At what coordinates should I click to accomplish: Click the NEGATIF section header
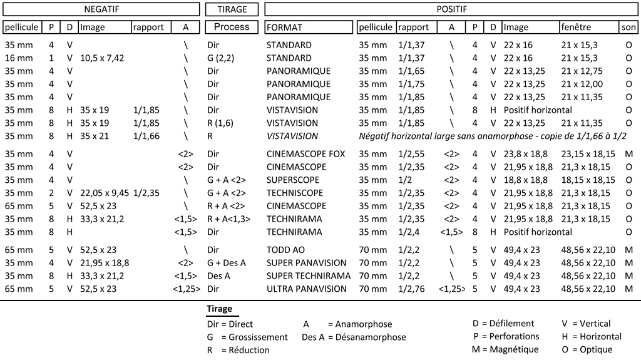(101, 9)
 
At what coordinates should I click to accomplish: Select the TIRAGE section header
(232, 9)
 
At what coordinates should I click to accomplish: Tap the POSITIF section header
(452, 9)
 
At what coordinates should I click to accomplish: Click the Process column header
(232, 27)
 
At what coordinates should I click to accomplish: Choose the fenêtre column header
(576, 27)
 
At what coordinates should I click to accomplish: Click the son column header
(628, 27)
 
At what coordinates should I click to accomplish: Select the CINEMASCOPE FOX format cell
(305, 154)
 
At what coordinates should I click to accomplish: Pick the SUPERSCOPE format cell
(293, 180)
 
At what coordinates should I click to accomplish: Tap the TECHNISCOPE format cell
(295, 193)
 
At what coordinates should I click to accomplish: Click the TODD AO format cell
(285, 250)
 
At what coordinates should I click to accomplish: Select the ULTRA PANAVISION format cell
(307, 289)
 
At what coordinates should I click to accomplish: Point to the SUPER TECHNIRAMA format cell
(309, 275)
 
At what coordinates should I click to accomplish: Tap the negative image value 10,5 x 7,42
(102, 58)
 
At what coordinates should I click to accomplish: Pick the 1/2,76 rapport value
(411, 289)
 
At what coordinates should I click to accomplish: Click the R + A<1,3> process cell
(228, 219)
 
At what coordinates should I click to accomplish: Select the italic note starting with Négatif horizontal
(493, 136)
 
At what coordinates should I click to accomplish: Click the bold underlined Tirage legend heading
(220, 309)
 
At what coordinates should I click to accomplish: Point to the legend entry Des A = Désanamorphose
(354, 337)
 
